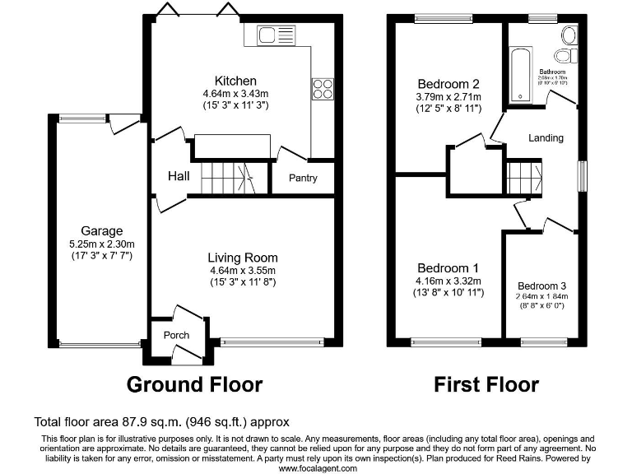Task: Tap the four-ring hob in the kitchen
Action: (321, 88)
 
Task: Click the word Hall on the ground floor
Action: (179, 176)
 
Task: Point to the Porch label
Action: (176, 335)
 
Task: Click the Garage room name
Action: (101, 230)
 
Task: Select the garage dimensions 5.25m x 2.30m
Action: (101, 244)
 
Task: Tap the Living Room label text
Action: (242, 258)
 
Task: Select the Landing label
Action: (546, 137)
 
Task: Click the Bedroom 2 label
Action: (448, 84)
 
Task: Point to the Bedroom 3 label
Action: (541, 286)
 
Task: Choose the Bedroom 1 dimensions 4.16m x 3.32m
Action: (448, 281)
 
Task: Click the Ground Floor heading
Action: (194, 384)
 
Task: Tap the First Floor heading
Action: (486, 384)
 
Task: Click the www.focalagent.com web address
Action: (318, 467)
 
